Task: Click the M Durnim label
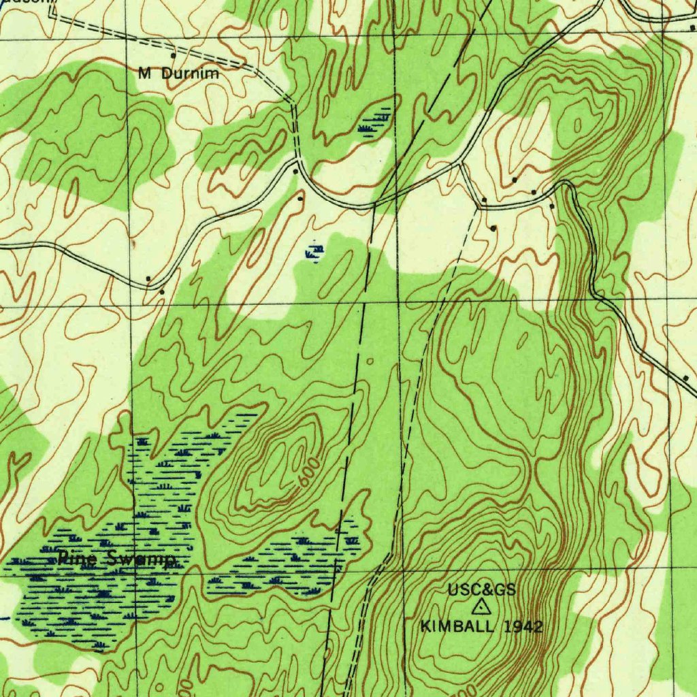(x=179, y=74)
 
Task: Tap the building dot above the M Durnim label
(x=173, y=55)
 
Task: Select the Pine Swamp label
(x=116, y=560)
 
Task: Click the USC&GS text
(x=481, y=590)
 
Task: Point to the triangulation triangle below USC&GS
(x=481, y=607)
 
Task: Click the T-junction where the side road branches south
(x=462, y=164)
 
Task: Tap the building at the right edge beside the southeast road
(x=685, y=377)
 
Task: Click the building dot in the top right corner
(x=692, y=28)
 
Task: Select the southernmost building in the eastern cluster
(x=493, y=228)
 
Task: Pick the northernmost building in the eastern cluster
(x=515, y=180)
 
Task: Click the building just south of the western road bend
(x=162, y=292)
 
